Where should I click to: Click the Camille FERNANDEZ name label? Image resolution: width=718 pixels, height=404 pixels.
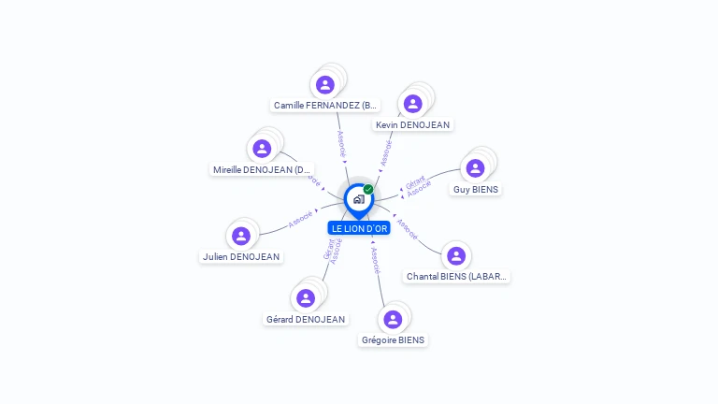point(325,106)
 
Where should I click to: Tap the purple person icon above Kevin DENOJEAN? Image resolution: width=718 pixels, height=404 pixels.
point(412,104)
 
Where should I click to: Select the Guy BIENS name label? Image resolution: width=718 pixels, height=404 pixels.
point(475,189)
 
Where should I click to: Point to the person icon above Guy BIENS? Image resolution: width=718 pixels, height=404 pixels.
point(475,168)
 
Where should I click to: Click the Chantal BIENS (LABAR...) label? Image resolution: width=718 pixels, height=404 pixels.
point(457,276)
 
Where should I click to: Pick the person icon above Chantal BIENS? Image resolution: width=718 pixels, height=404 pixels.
point(456,255)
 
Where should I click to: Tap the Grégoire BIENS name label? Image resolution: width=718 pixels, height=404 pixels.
point(393,339)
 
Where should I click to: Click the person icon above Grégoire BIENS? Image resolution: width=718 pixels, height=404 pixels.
point(393,319)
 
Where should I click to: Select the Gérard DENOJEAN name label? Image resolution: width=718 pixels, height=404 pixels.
point(306,319)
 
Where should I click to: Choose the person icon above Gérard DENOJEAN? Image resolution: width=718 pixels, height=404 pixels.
point(306,298)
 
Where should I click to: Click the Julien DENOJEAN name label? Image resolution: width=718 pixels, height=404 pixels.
point(241,256)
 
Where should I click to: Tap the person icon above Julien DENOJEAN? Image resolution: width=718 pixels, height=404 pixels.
point(241,236)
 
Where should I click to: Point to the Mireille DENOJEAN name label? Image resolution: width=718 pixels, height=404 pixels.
point(262,169)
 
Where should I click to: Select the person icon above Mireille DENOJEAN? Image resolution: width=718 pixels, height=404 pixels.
point(262,148)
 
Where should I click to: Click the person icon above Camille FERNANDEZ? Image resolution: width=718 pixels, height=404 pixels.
point(325,85)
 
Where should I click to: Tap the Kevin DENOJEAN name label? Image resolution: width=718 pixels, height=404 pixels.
point(412,124)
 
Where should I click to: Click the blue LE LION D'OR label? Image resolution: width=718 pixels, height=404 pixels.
point(359,228)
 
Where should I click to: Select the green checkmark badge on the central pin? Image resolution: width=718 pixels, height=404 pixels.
point(368,190)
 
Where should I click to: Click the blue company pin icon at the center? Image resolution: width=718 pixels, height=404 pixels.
point(358,199)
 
